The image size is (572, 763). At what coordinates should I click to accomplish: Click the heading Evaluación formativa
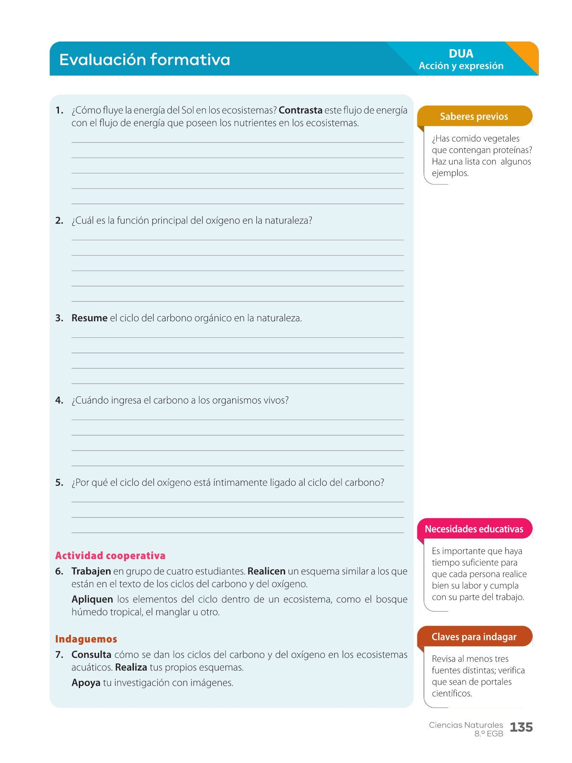point(144,60)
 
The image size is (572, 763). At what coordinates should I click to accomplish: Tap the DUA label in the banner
point(461,54)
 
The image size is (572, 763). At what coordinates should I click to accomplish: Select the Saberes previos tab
point(474,117)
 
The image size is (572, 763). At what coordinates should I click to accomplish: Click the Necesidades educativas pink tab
point(474,529)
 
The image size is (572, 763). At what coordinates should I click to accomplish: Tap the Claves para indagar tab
point(474,637)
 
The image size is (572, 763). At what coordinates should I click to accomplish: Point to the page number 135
point(521,727)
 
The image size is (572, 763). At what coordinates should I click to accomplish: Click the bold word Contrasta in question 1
point(300,111)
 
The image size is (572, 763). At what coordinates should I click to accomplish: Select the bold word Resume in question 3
point(89,318)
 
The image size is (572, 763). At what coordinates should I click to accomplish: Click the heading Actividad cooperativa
point(110,556)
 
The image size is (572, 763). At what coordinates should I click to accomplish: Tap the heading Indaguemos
point(86,639)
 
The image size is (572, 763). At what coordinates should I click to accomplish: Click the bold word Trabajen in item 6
point(91,571)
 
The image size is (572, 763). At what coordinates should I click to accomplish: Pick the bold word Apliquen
point(92,599)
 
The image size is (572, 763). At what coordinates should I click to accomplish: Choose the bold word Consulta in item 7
point(91,655)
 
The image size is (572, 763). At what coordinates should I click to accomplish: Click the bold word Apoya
point(86,683)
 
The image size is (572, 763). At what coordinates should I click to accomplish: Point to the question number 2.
point(59,221)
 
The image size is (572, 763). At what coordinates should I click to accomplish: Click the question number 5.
point(59,483)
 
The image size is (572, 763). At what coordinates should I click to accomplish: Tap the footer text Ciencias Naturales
point(466,725)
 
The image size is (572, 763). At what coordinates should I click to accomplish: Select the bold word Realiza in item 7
point(131,668)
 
